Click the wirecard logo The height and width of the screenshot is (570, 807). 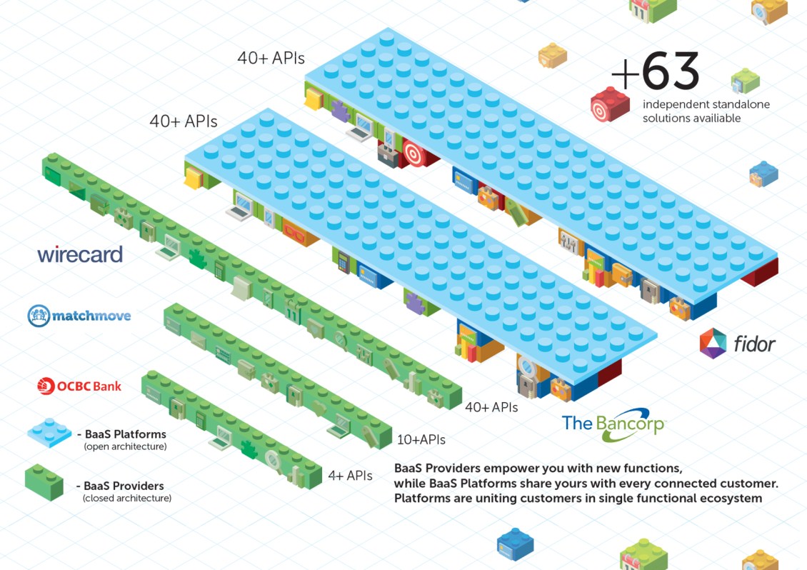tap(80, 254)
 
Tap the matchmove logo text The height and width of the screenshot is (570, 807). tap(91, 315)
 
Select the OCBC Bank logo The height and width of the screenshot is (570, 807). tap(79, 386)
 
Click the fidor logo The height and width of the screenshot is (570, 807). tap(738, 344)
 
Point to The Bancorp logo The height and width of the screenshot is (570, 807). tap(613, 424)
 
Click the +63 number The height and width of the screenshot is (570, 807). tap(656, 71)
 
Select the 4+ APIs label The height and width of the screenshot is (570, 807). tap(350, 475)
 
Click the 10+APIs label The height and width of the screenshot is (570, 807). tap(421, 439)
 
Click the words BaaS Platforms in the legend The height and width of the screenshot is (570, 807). tap(125, 434)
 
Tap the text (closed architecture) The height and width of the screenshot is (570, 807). tap(127, 498)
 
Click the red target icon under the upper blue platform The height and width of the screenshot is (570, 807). tap(413, 152)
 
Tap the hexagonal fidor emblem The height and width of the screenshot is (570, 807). tap(713, 344)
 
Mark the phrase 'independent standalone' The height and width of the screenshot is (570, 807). tap(706, 105)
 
